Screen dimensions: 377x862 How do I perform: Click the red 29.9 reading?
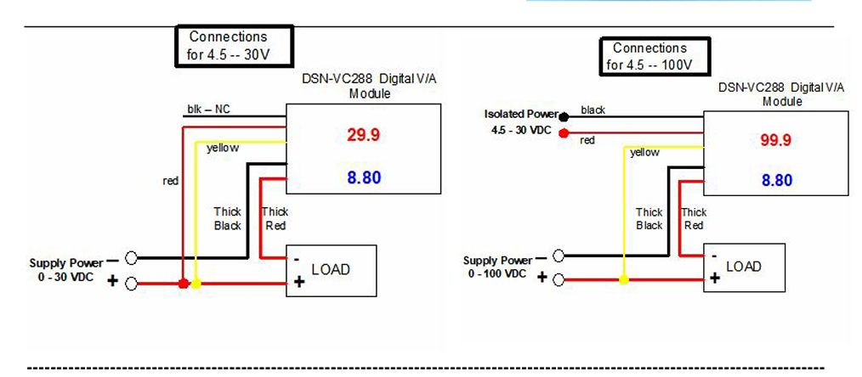click(364, 134)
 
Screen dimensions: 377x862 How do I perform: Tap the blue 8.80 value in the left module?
click(364, 178)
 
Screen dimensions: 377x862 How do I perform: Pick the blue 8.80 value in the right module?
click(776, 180)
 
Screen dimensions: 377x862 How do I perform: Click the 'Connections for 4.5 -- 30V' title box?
click(234, 45)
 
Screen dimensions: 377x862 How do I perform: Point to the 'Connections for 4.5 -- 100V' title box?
click(649, 57)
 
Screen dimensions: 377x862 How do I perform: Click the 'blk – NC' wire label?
click(207, 110)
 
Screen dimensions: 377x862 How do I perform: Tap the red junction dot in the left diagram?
click(183, 284)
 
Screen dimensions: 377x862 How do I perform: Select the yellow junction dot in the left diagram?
click(197, 284)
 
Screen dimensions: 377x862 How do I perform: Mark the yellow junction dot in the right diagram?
click(624, 279)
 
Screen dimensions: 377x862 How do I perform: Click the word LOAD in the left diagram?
click(331, 269)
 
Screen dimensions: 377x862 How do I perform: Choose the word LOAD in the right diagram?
click(743, 266)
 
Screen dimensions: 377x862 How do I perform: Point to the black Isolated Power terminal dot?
click(564, 115)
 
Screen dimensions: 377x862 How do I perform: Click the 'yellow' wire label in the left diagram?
click(223, 148)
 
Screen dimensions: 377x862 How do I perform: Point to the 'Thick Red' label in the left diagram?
click(275, 219)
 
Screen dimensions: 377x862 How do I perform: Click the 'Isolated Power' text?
click(521, 114)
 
